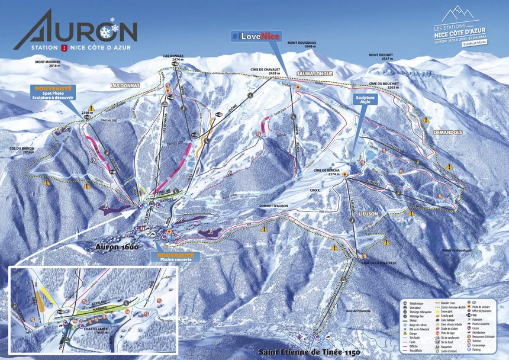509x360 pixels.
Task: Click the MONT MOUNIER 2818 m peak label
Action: (48, 64)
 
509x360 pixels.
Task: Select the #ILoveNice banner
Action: (255, 36)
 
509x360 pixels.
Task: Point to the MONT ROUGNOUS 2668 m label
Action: (301, 45)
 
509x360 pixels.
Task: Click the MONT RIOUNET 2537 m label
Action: (380, 57)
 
